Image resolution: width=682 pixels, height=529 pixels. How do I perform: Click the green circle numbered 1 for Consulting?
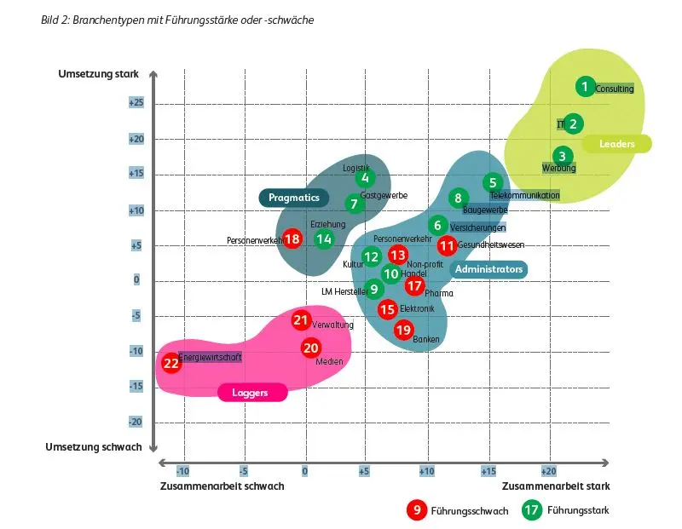tap(585, 87)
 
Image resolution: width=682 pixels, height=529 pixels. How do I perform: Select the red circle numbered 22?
tap(171, 363)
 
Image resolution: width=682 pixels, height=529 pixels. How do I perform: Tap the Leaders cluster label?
tap(616, 144)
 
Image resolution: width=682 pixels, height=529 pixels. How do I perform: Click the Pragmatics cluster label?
tap(293, 198)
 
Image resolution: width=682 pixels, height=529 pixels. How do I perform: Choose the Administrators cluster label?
tap(488, 269)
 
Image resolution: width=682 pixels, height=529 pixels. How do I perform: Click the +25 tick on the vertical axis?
tap(136, 102)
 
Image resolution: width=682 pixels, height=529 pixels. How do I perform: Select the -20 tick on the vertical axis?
tap(136, 422)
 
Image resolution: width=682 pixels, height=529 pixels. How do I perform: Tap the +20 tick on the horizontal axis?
tap(548, 471)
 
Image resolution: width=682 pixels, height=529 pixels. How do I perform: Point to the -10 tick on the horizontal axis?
tap(182, 471)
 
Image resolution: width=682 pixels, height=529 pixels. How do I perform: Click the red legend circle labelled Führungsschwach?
tap(417, 510)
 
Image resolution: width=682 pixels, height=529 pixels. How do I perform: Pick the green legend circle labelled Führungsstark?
tap(532, 510)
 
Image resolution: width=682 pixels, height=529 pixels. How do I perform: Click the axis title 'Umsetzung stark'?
tap(98, 74)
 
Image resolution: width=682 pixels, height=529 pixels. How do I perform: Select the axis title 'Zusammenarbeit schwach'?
tap(222, 486)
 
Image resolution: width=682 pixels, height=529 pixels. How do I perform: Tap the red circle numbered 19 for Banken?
tap(403, 330)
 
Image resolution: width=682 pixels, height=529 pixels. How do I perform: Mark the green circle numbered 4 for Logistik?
tap(365, 177)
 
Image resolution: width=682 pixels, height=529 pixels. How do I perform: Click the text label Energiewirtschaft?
tap(210, 357)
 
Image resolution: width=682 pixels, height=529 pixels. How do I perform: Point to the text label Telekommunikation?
tap(525, 195)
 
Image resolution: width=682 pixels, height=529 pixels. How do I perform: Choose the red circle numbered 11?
tap(447, 246)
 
